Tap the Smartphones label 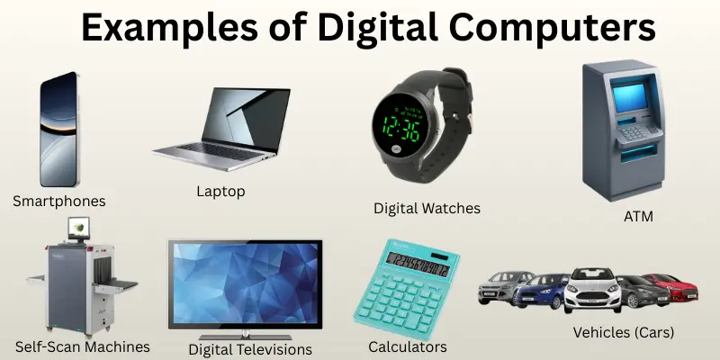click(59, 201)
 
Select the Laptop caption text click(220, 191)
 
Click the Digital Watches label click(427, 208)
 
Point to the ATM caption click(638, 216)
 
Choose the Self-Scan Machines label click(83, 346)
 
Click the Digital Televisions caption click(250, 348)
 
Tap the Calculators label click(408, 346)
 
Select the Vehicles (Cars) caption click(624, 332)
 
